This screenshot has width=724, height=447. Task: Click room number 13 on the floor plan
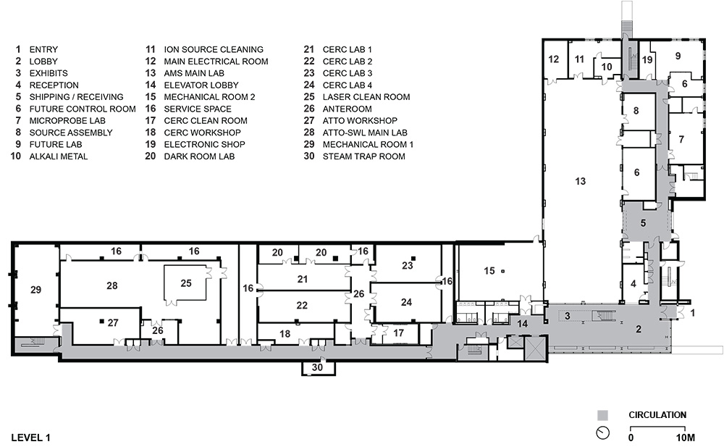point(581,181)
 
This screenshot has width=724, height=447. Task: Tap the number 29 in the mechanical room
point(36,290)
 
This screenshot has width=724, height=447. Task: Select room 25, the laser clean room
point(185,283)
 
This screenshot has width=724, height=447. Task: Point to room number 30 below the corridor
point(317,368)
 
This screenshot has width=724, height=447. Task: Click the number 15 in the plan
point(489,270)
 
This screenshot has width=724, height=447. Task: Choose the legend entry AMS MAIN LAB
point(194,73)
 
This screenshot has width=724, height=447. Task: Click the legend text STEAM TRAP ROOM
point(364,156)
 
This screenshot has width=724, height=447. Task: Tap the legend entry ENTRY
point(43,49)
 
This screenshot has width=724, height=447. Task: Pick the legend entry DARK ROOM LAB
point(199,156)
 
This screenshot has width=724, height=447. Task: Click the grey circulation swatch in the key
point(602,414)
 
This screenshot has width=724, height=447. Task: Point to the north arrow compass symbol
point(602,433)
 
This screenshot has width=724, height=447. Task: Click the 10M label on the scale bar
point(686,438)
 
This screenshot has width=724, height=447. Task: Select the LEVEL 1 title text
point(31,438)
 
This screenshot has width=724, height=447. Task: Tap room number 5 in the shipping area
point(643,223)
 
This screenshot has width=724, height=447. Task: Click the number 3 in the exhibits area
point(568,316)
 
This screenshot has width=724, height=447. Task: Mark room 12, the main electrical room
point(553,59)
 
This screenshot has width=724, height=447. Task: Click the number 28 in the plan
point(111,285)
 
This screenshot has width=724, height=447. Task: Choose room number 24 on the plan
point(406,302)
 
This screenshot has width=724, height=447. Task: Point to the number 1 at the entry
point(692,314)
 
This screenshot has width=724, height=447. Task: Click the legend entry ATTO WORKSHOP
point(360,121)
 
